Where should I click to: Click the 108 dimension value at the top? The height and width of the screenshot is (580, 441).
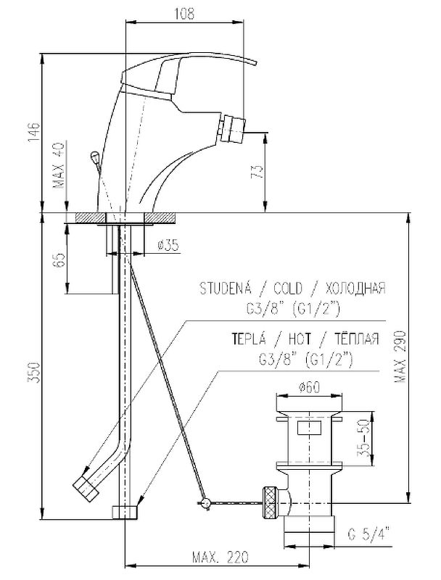coord(184,13)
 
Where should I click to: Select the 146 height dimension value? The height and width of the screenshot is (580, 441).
coord(33,130)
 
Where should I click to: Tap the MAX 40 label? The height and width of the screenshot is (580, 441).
coord(59,166)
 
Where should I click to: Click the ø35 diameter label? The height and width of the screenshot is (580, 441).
coord(168,245)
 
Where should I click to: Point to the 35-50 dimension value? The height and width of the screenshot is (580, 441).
coord(364,439)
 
